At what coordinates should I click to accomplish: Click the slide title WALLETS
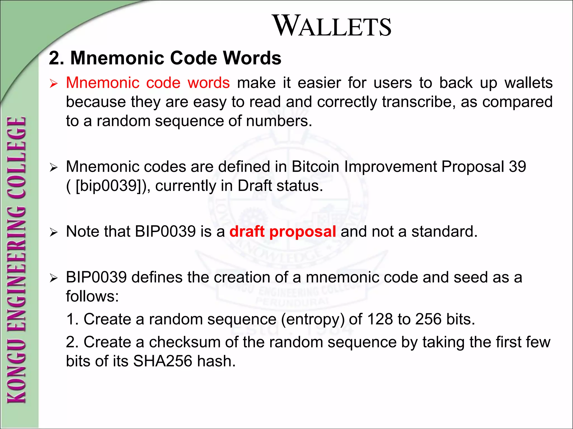[332, 26]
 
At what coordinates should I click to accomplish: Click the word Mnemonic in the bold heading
[117, 58]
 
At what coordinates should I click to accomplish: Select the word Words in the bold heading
[252, 58]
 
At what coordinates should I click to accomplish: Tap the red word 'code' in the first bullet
[163, 83]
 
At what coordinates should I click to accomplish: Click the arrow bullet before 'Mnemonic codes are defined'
[53, 168]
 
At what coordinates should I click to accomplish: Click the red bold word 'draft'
[247, 232]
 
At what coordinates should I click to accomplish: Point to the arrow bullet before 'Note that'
[53, 232]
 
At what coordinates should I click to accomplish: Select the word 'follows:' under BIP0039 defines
[92, 296]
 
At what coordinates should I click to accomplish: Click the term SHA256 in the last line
[163, 361]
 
